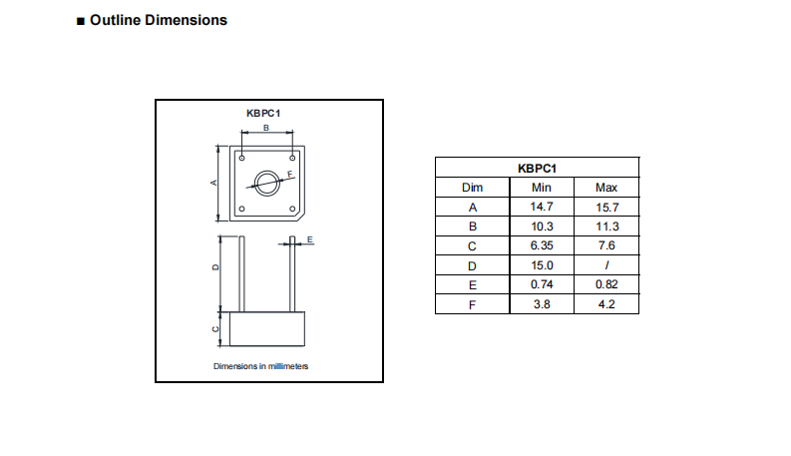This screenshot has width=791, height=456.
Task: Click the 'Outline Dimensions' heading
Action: click(x=158, y=20)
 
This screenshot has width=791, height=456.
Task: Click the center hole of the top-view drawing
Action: click(x=266, y=183)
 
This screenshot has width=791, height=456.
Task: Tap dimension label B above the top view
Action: click(x=265, y=129)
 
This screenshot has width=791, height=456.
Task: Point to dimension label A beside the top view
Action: click(x=212, y=184)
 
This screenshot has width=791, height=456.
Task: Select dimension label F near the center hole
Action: click(x=289, y=174)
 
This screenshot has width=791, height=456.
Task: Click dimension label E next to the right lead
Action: click(x=310, y=240)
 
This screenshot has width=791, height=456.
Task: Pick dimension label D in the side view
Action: click(x=214, y=268)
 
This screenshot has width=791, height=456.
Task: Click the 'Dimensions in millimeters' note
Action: click(x=261, y=366)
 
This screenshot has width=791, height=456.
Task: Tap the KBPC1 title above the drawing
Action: click(x=263, y=114)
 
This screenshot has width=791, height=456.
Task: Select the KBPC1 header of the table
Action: click(x=537, y=168)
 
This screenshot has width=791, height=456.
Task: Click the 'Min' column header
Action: click(x=542, y=188)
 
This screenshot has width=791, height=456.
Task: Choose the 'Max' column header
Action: click(x=605, y=188)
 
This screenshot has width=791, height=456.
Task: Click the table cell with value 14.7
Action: click(x=542, y=207)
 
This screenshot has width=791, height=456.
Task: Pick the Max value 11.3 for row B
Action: click(x=605, y=227)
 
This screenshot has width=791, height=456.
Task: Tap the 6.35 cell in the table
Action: click(x=542, y=245)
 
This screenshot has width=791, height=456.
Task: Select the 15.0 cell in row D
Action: click(x=542, y=265)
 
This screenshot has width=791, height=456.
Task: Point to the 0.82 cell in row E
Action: click(x=605, y=284)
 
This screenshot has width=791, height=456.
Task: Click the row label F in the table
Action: click(x=473, y=304)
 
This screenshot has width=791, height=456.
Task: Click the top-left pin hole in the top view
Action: click(x=241, y=157)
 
